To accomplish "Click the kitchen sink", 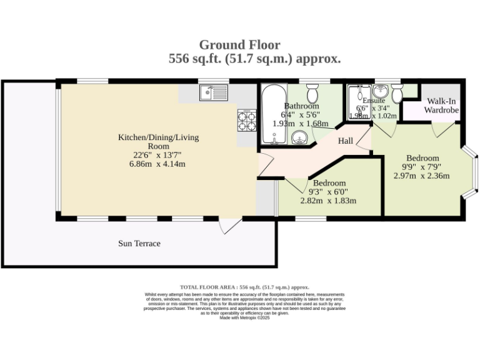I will (x=214, y=93).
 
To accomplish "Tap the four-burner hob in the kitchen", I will (x=247, y=120).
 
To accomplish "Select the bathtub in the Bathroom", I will (x=271, y=115).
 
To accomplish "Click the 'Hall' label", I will (x=346, y=141).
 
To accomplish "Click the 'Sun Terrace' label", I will (x=139, y=243).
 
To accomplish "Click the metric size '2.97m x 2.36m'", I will (x=422, y=176).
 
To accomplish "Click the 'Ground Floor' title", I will (x=239, y=44).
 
